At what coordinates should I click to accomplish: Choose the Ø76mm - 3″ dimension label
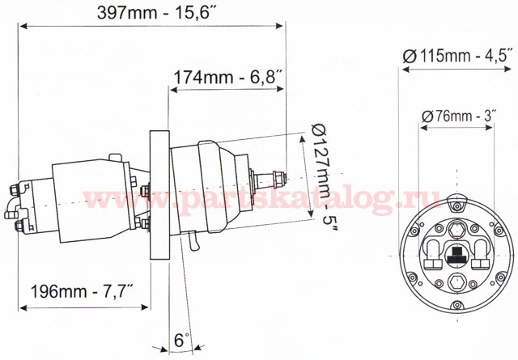pyautogui.click(x=458, y=116)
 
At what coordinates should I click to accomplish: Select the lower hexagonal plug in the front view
pyautogui.click(x=458, y=282)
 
